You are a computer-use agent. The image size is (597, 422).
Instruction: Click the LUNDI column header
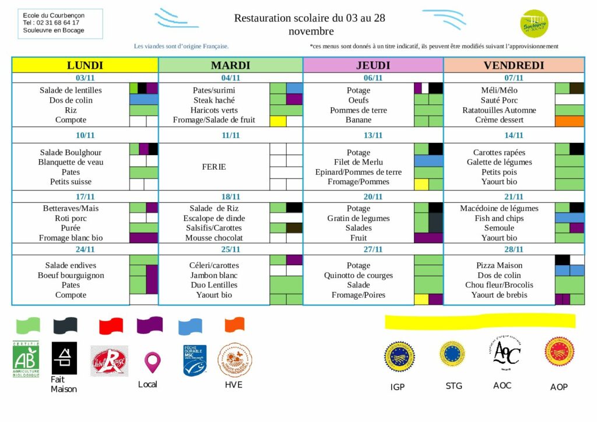tap(85, 65)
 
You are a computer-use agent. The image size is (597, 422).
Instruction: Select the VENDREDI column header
tap(514, 65)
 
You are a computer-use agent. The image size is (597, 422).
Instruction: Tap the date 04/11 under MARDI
tap(231, 78)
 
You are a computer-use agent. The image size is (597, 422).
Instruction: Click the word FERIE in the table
tap(214, 167)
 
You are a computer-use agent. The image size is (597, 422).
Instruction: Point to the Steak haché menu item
tap(214, 100)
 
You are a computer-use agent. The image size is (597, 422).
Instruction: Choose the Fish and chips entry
tap(499, 218)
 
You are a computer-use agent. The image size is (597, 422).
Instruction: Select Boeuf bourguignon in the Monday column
tap(71, 275)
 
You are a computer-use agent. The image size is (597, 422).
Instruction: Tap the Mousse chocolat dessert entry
tap(214, 238)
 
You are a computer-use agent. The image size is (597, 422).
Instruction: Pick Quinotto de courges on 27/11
tap(359, 275)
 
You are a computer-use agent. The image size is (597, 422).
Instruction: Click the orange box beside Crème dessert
tap(570, 121)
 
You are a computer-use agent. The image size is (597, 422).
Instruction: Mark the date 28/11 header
tap(514, 249)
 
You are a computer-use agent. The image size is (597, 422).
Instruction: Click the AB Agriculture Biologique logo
tap(26, 359)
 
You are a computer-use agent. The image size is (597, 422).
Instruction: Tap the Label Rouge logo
tap(109, 361)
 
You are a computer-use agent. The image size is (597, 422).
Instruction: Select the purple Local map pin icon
tap(152, 362)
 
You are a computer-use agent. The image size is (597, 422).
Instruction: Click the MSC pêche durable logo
tap(195, 360)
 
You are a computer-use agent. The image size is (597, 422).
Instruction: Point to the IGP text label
tap(398, 386)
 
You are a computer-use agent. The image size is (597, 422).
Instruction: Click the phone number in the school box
tap(51, 23)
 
